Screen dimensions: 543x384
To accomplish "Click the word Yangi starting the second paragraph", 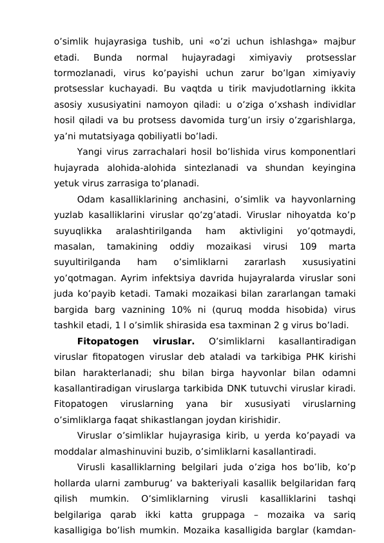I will pos(88,152).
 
